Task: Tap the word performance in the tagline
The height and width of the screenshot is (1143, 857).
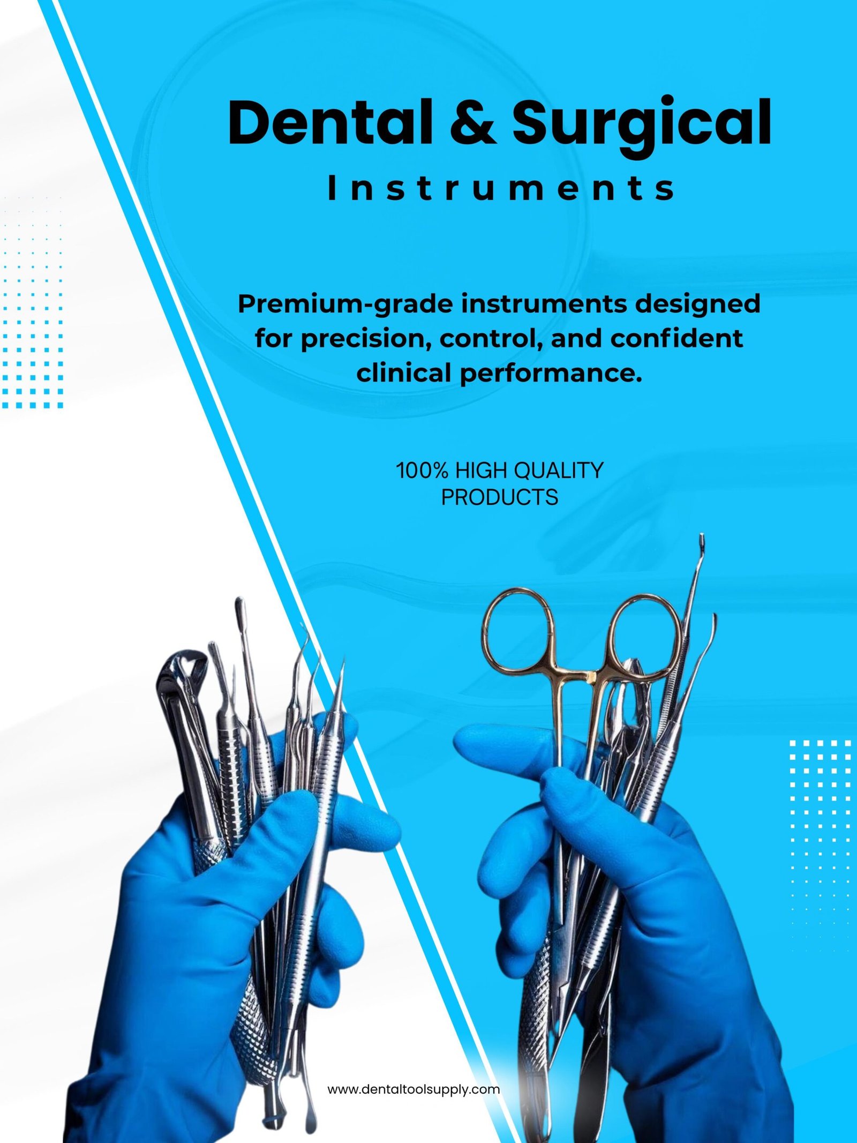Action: coord(551,374)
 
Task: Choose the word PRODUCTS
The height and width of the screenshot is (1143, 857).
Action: coord(499,498)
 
